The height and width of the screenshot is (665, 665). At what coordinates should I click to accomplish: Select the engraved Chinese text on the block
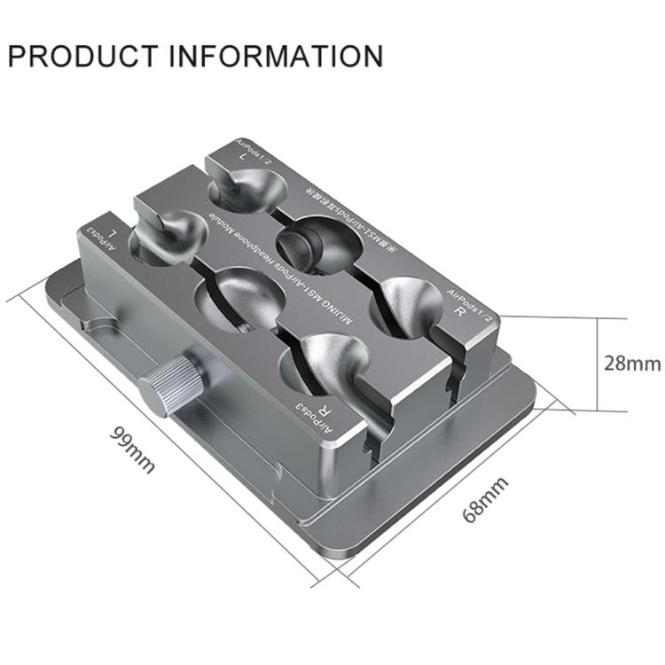click(x=348, y=212)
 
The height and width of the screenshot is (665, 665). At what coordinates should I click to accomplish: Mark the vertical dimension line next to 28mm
click(x=600, y=364)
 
